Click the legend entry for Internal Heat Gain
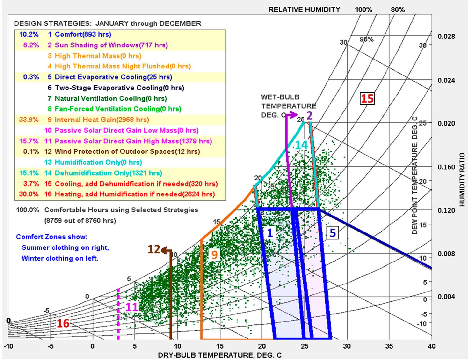point(102,120)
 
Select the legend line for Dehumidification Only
point(108,173)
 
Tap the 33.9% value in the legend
point(29,120)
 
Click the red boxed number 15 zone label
point(367,98)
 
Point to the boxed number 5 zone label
point(333,233)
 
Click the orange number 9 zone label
point(214,254)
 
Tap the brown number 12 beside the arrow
point(154,249)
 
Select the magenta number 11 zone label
point(132,307)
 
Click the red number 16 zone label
point(63,323)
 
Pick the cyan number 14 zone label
point(301,145)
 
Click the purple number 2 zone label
point(310,116)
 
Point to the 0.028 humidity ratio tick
point(446,36)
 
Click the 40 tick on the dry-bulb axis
point(432,346)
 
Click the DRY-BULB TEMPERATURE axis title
point(220,355)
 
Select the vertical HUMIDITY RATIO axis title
point(462,179)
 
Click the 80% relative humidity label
point(398,10)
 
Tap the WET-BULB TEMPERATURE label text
point(288,106)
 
